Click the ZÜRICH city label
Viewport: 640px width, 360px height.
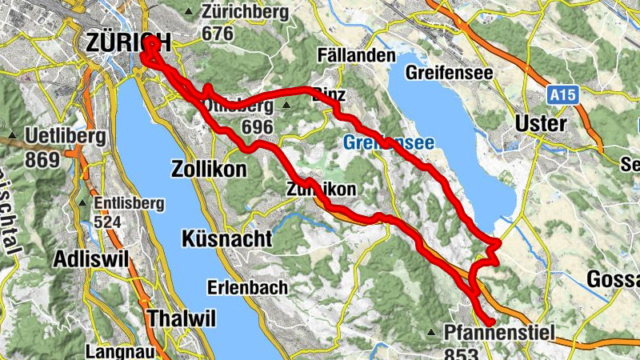coord(128,42)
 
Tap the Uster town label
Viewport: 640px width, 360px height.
coord(541,124)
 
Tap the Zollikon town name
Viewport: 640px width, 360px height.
coord(209,170)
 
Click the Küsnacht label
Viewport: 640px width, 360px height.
coord(227,239)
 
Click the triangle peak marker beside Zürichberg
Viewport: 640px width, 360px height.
coord(189,12)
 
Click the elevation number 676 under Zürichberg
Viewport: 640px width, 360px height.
coord(218,34)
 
